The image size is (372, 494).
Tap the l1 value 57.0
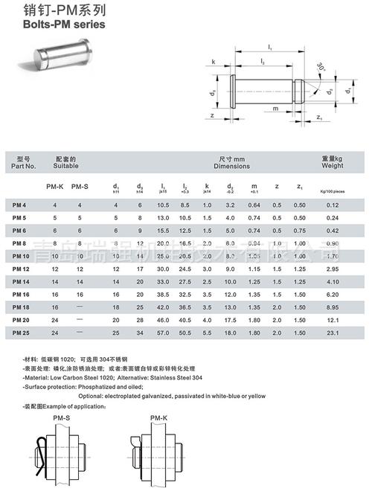[x=162, y=333]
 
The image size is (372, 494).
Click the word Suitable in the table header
[x=68, y=167]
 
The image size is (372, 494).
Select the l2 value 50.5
[x=185, y=333]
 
